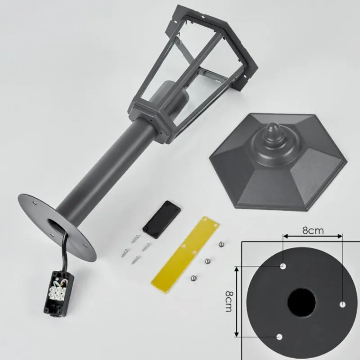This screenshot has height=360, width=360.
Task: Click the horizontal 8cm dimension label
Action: pos(313,230)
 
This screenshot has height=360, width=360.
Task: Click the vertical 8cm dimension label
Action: pos(229,301)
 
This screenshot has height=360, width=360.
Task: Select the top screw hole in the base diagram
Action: pos(283,266)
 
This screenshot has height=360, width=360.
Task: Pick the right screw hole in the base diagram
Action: pos(342,305)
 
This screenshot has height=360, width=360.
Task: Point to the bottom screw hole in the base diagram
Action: pos(279,337)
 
